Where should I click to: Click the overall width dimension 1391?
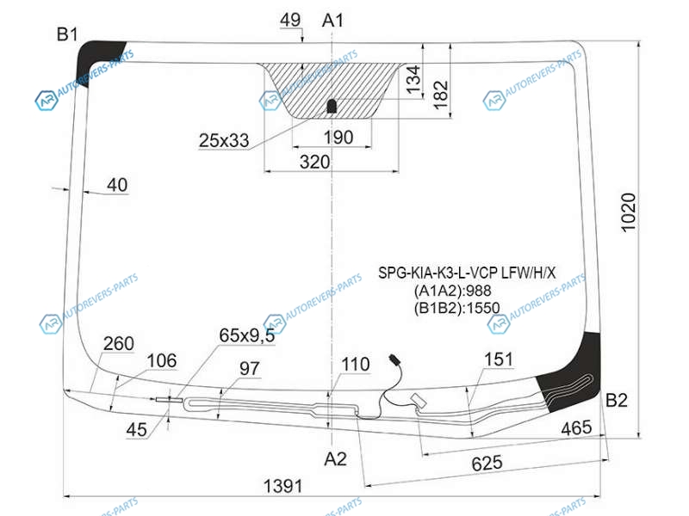[x=283, y=486]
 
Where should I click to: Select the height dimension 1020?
[x=629, y=212]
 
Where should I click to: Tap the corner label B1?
[x=67, y=34]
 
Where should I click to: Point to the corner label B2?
[x=616, y=400]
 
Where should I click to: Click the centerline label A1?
[x=332, y=20]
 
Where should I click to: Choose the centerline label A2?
[x=335, y=459]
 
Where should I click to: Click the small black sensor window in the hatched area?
[x=332, y=106]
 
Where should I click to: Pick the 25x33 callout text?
[x=224, y=140]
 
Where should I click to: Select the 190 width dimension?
[x=338, y=138]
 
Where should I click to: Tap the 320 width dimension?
[x=314, y=162]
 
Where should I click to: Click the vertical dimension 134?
[x=413, y=79]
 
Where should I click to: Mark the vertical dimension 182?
[x=440, y=95]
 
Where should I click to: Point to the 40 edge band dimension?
[x=117, y=185]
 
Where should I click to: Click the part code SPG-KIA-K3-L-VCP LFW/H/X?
[x=467, y=273]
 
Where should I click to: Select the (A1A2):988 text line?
[x=453, y=291]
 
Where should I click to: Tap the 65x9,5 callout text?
[x=247, y=335]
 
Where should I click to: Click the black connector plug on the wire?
[x=394, y=359]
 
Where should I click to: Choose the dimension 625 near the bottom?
[x=487, y=463]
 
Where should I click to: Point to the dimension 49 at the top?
[x=290, y=20]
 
